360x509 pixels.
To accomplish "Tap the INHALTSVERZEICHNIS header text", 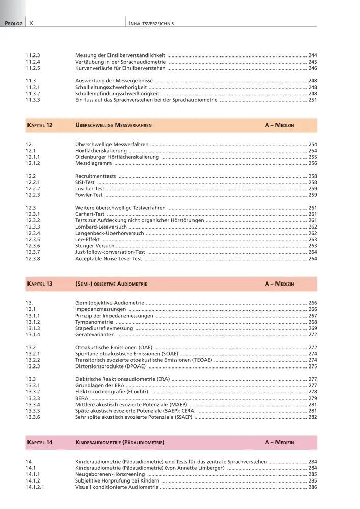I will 152,23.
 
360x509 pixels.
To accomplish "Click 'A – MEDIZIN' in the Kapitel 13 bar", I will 279,284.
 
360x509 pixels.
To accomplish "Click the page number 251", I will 313,100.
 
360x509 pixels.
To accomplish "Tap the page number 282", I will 313,417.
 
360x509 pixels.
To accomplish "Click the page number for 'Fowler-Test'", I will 313,195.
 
